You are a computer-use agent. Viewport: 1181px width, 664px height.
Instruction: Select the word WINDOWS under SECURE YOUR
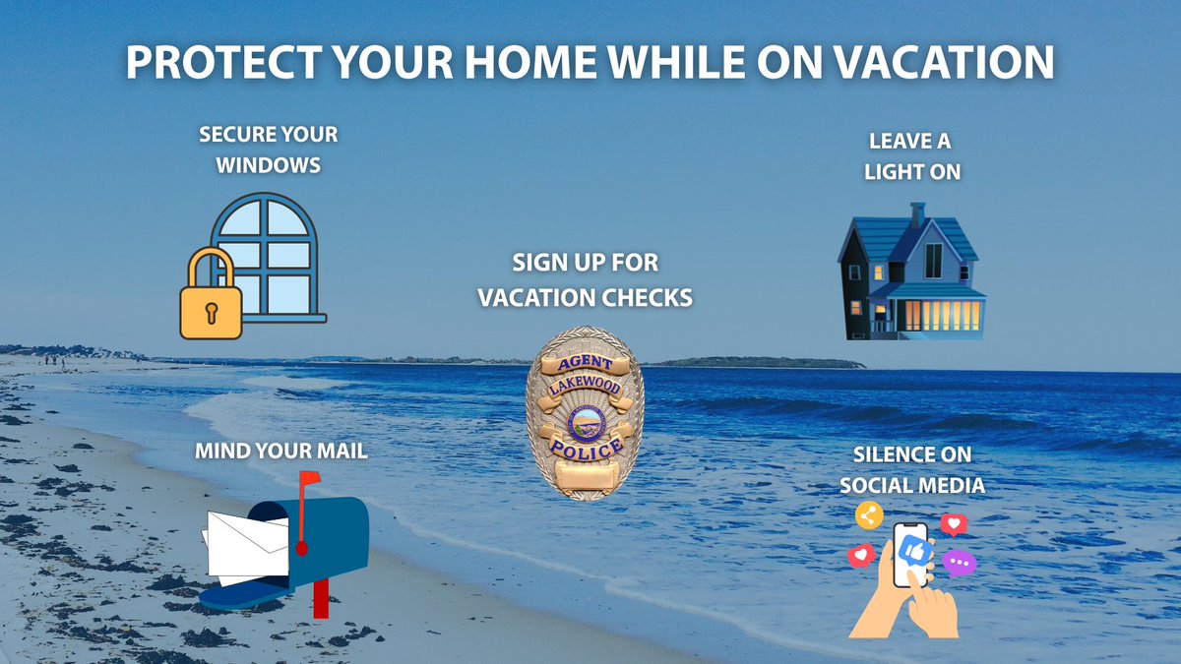point(269,164)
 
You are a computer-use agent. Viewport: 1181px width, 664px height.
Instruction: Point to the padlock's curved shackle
point(210,266)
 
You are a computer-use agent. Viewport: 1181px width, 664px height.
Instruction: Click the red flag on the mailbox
point(309,480)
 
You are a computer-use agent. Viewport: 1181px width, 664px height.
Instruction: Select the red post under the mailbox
point(320,597)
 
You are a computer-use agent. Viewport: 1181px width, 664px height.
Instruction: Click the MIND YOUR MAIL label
point(268,452)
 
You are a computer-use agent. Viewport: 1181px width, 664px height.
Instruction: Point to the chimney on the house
point(917,213)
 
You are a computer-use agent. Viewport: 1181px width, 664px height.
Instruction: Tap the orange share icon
point(868,514)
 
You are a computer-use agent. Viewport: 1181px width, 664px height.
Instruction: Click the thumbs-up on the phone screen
point(910,548)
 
